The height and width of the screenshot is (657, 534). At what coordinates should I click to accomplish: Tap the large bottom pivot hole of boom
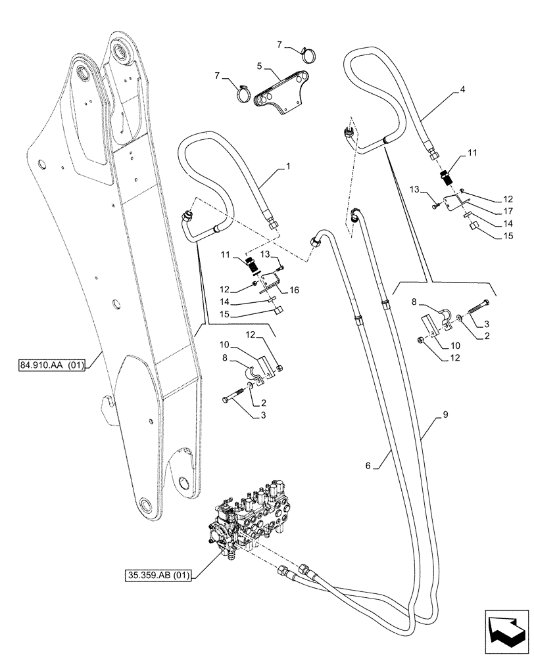144,505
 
